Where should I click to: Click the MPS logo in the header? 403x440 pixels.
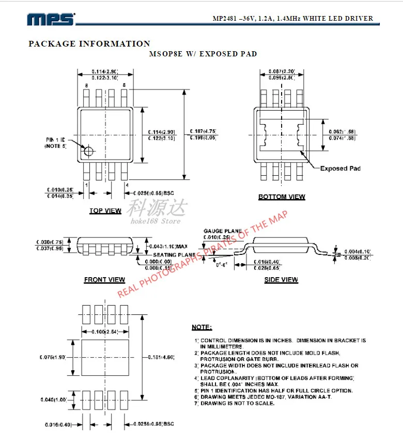52,19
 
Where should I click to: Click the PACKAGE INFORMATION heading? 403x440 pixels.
89,44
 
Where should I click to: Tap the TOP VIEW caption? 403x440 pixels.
105,211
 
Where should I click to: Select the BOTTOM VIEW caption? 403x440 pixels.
282,197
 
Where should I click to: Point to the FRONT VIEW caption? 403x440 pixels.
104,280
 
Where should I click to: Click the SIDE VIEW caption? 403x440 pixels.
281,280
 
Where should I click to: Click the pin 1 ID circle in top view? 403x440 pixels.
88,151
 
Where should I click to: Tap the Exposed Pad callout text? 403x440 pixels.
340,169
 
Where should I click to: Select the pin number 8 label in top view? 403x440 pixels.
86,85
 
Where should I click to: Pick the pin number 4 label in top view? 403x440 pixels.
127,185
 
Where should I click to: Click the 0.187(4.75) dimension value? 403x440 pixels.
203,131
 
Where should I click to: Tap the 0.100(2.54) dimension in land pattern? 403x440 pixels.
105,331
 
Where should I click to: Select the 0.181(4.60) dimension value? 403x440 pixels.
161,357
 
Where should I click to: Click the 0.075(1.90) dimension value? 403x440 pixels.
53,357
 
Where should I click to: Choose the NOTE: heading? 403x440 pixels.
202,327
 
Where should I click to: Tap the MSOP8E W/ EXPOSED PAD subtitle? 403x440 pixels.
203,54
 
